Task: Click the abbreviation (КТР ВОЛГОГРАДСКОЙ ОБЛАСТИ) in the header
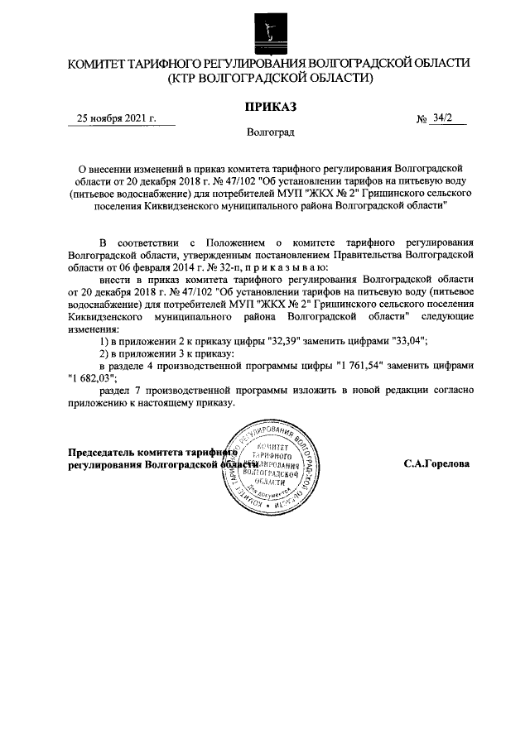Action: [269, 79]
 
